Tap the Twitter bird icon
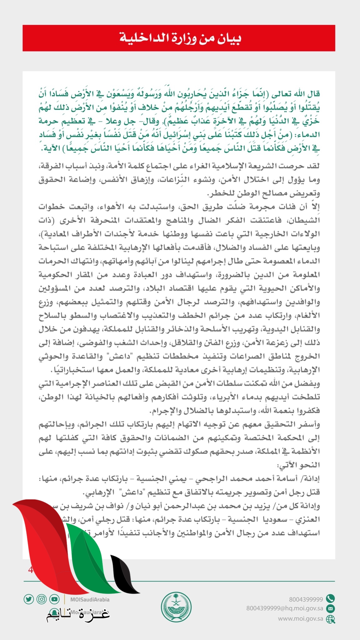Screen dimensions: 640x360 29,599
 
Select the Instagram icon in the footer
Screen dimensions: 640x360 42,599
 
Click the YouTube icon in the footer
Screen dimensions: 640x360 54,599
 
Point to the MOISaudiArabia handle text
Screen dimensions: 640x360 90,599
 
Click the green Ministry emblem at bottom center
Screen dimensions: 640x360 176,607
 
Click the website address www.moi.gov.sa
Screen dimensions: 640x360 300,618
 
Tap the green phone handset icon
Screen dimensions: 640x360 330,598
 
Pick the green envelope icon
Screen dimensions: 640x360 330,608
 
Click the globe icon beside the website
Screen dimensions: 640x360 330,619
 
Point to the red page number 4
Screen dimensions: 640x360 30,570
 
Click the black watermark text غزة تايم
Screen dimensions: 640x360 78,614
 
